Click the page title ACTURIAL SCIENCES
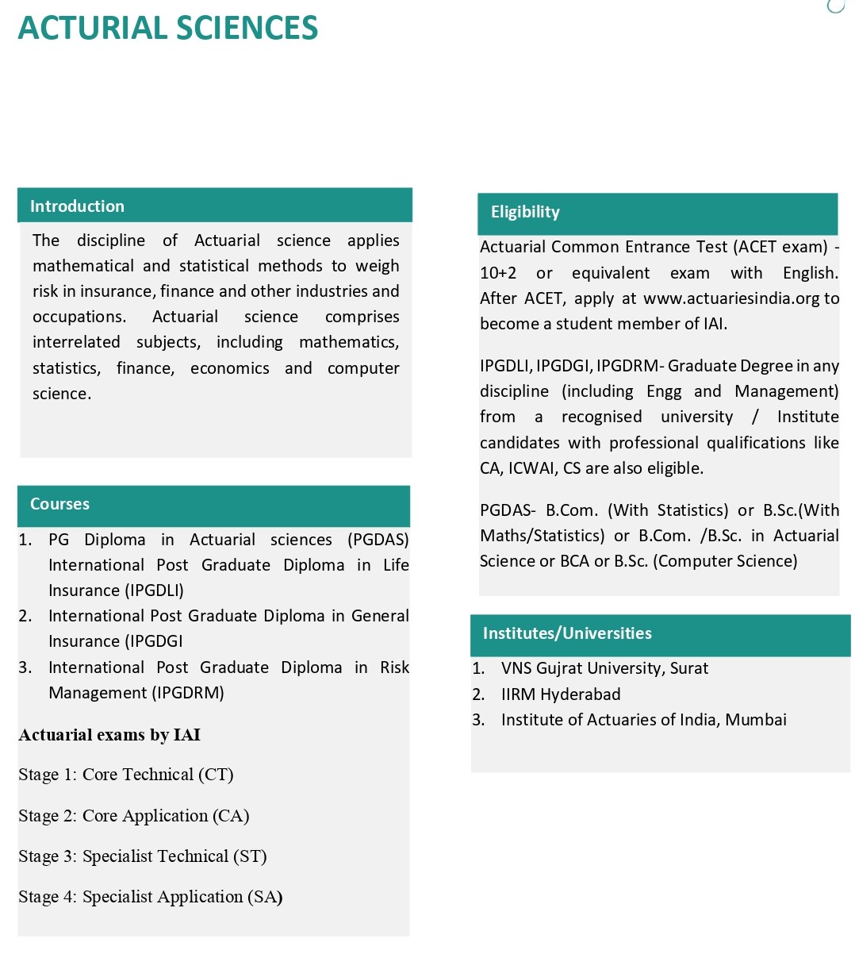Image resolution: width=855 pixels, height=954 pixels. click(x=167, y=29)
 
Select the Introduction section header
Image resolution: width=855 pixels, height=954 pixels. click(x=77, y=206)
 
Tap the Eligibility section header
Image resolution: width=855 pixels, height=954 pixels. click(x=525, y=212)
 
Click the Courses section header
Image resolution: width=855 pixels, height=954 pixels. click(x=59, y=504)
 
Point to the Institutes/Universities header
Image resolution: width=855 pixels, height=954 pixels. click(x=567, y=633)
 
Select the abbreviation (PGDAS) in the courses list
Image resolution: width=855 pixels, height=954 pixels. click(x=378, y=540)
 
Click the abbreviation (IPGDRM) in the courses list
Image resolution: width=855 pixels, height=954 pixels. click(x=178, y=693)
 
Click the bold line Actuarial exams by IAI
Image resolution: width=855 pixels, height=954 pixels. click(x=109, y=735)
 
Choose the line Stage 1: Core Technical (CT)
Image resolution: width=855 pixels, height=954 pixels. click(x=126, y=775)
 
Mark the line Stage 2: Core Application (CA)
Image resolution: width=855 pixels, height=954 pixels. click(x=134, y=816)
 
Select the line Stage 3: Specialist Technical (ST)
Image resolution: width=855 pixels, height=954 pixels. click(x=143, y=856)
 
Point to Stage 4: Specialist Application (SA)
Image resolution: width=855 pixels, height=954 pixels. click(x=151, y=897)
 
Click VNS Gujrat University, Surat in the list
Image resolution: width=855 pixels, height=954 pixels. click(x=604, y=668)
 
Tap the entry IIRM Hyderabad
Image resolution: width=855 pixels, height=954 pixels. click(x=561, y=694)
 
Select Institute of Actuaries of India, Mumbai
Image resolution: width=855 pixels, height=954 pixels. click(x=643, y=720)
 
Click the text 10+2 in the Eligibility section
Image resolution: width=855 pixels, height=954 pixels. click(x=498, y=273)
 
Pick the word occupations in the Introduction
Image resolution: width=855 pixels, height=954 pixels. click(x=79, y=317)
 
